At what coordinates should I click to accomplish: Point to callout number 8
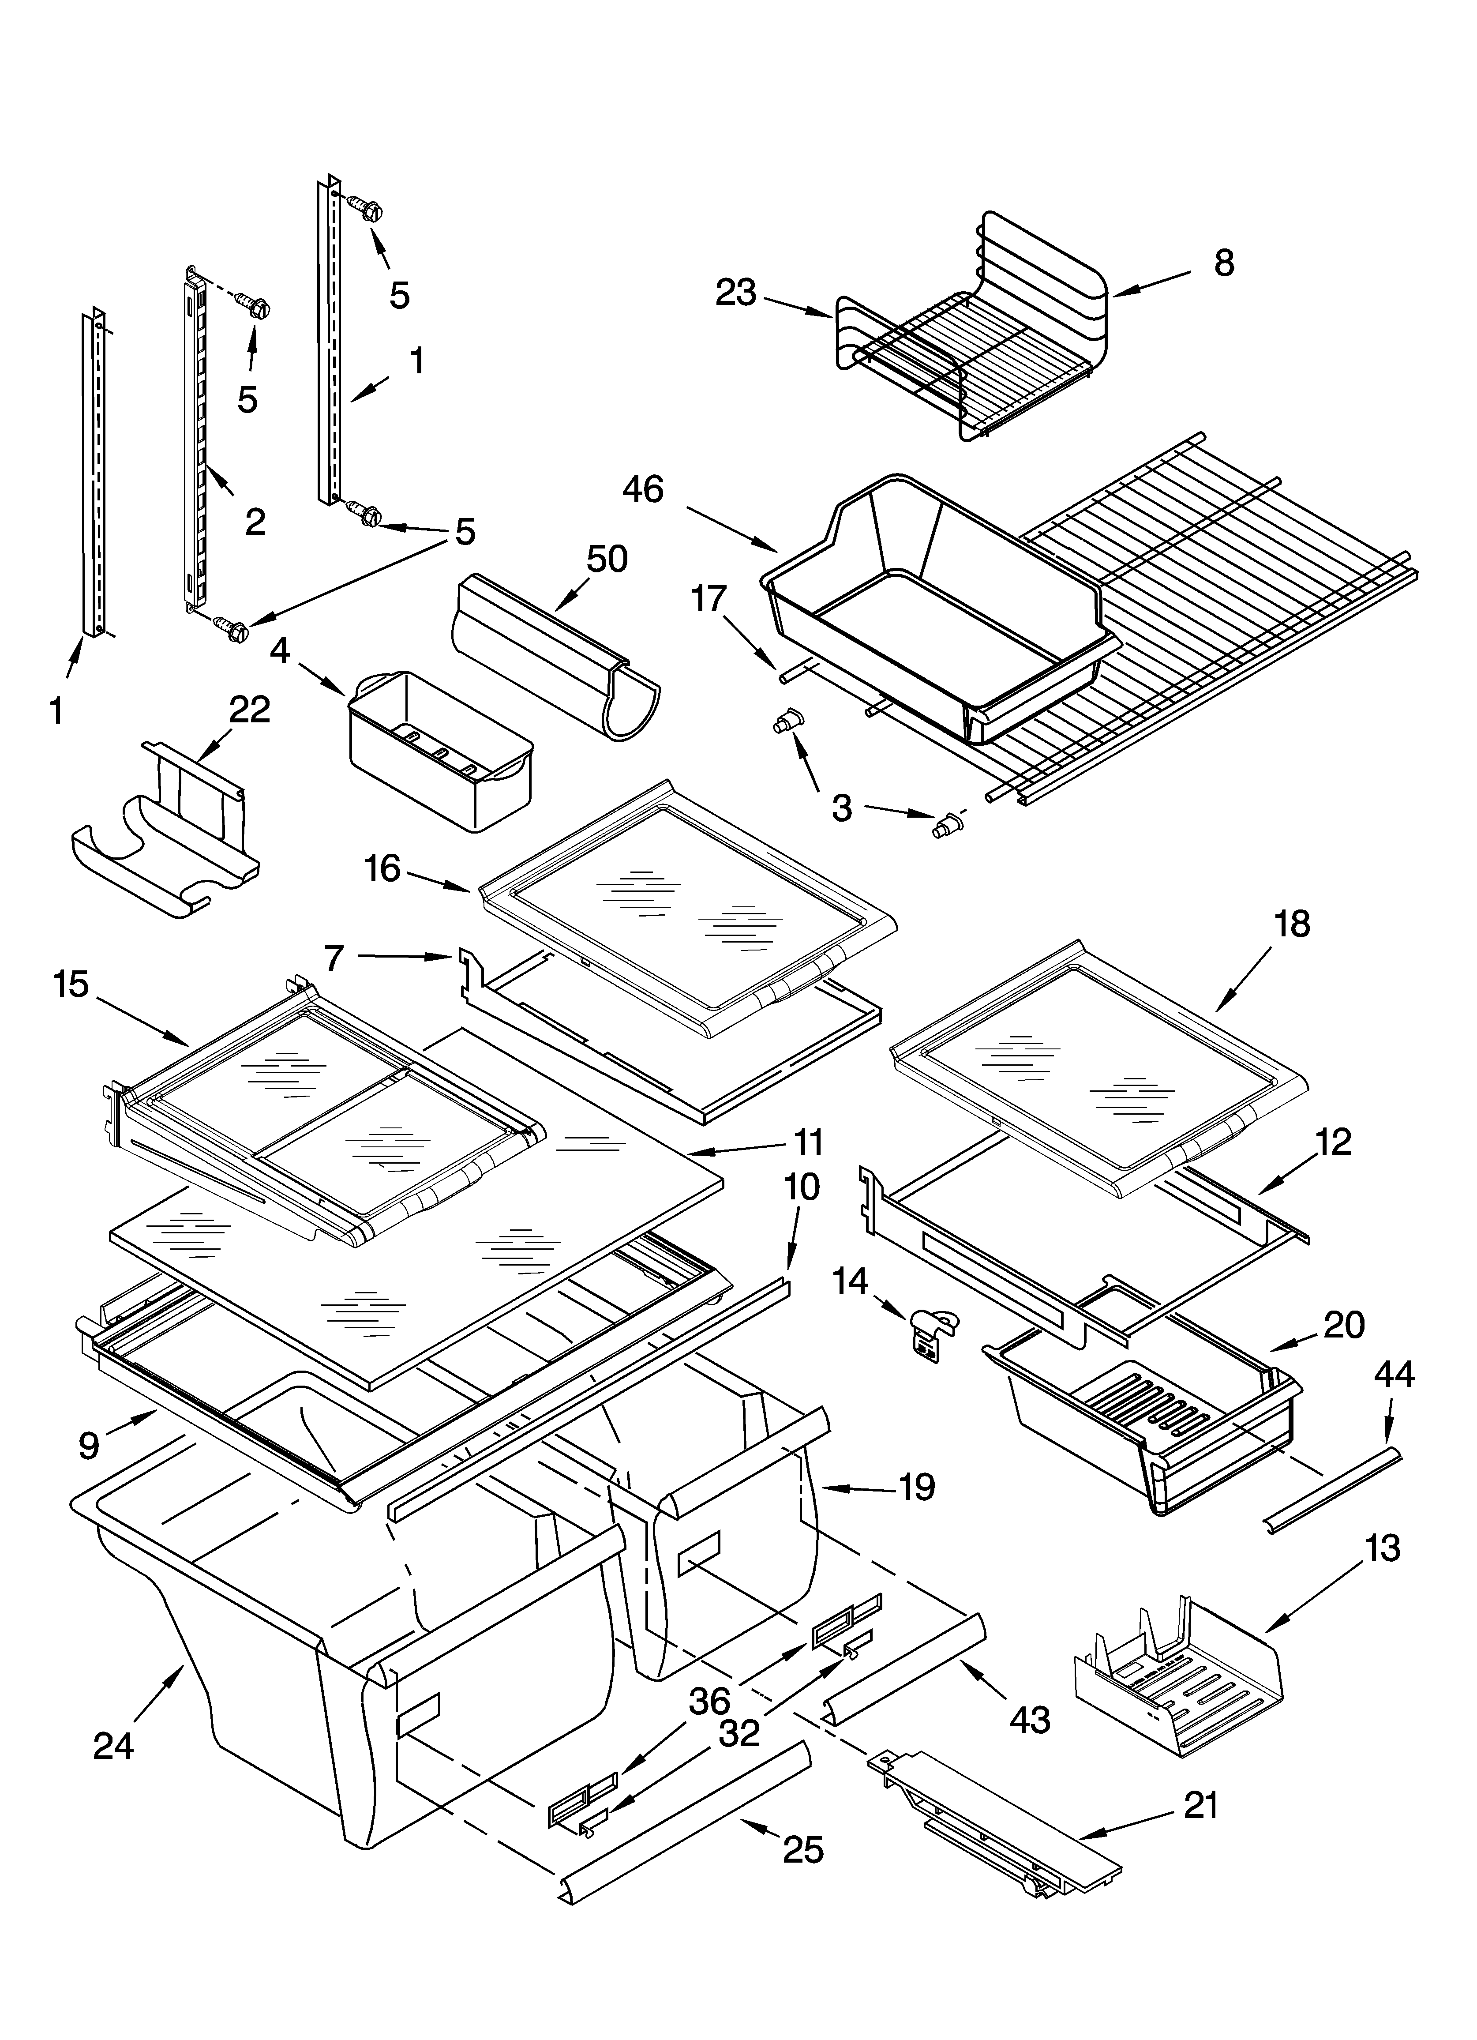click(x=1223, y=263)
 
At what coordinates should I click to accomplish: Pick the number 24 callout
click(x=113, y=1746)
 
